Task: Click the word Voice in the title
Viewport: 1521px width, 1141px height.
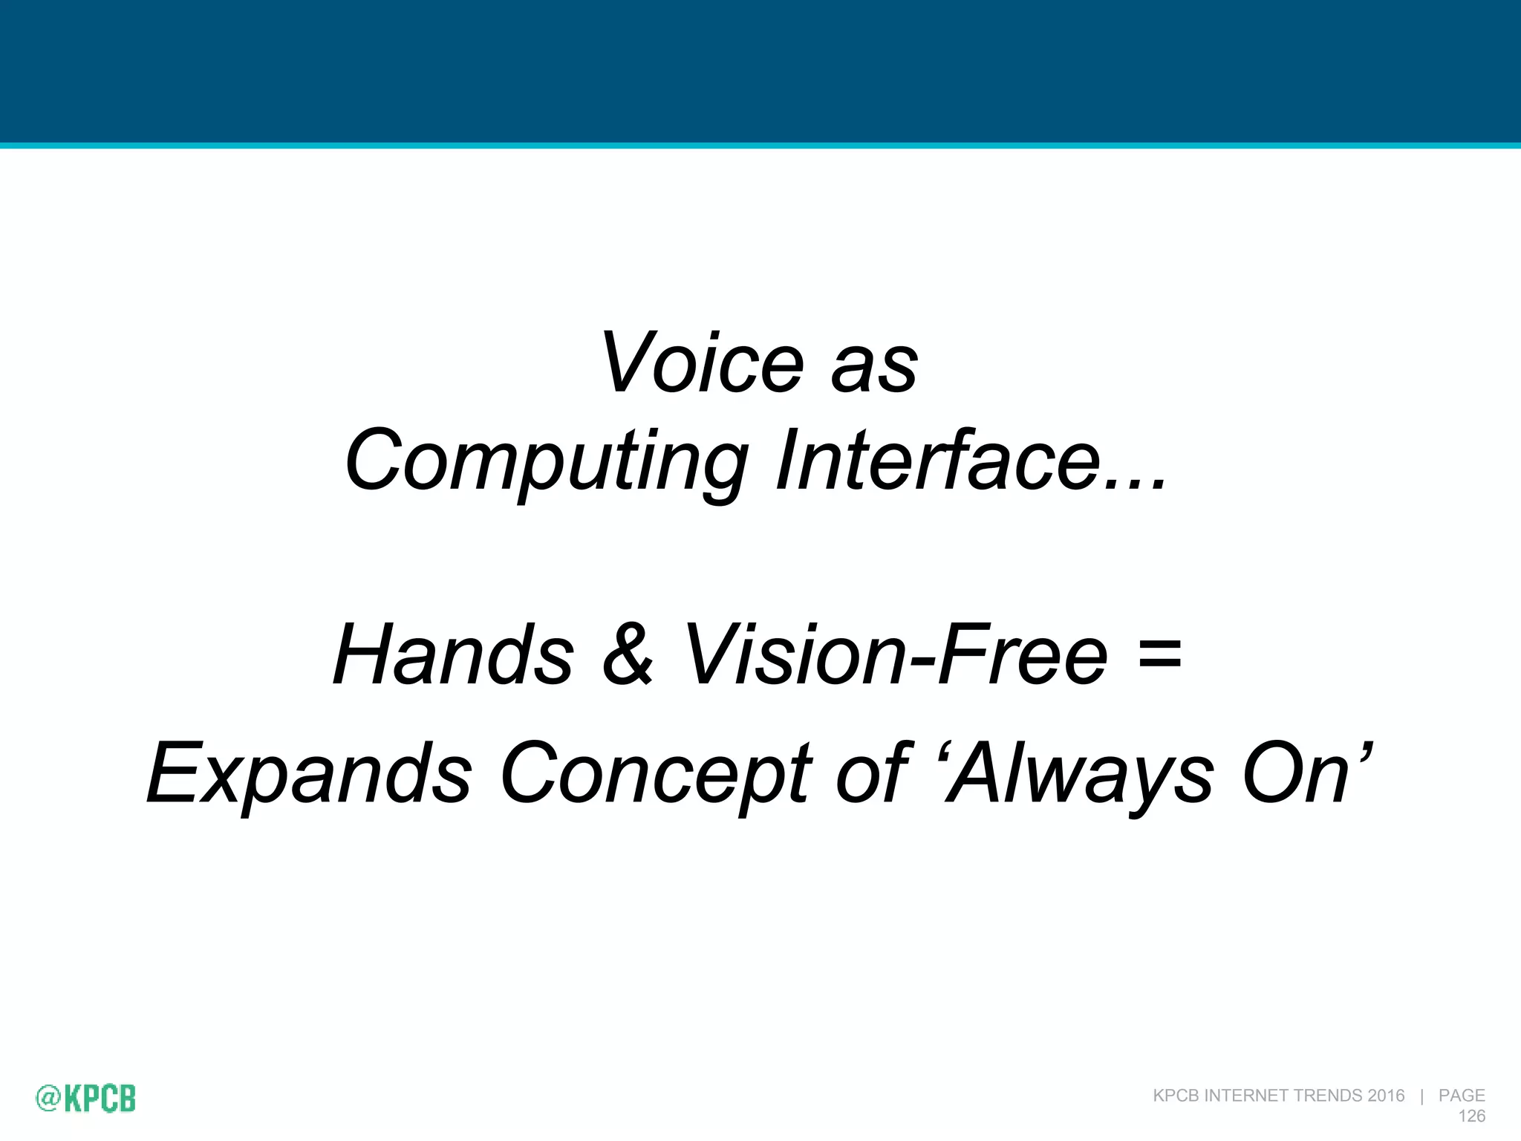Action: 702,363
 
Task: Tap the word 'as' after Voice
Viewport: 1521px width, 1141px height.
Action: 874,369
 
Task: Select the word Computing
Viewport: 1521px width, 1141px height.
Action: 546,462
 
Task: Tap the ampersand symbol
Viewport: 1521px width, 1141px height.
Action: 628,654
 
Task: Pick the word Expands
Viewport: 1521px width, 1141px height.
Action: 309,774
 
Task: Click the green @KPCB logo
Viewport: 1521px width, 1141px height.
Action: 85,1098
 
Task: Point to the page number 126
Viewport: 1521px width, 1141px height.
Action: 1471,1116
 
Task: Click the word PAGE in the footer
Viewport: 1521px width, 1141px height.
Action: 1462,1096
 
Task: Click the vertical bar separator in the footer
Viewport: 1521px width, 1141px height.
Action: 1421,1096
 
